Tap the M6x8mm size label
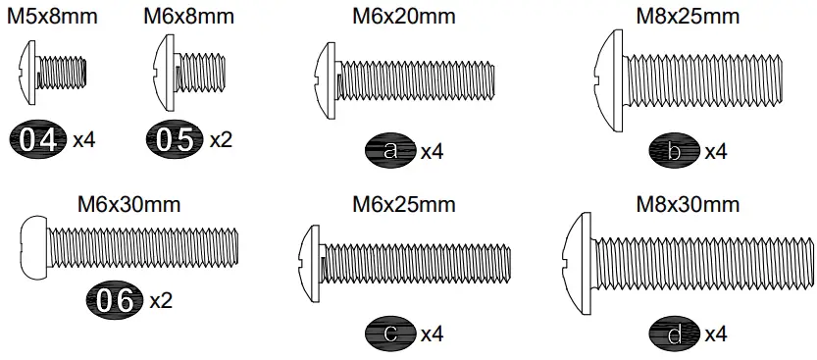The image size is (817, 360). (188, 17)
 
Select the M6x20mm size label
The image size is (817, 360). (404, 17)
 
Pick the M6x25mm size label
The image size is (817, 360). (404, 205)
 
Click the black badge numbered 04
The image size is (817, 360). (40, 139)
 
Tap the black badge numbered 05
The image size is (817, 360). (177, 139)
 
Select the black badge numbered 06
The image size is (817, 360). (117, 300)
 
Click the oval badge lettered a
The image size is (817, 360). (390, 151)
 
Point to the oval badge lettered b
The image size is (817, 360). (674, 151)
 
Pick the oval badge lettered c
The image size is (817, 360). (390, 334)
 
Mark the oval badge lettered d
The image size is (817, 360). (674, 334)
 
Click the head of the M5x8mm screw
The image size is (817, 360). (28, 74)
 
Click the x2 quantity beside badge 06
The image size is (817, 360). (161, 300)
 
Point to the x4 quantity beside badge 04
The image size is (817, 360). (84, 139)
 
